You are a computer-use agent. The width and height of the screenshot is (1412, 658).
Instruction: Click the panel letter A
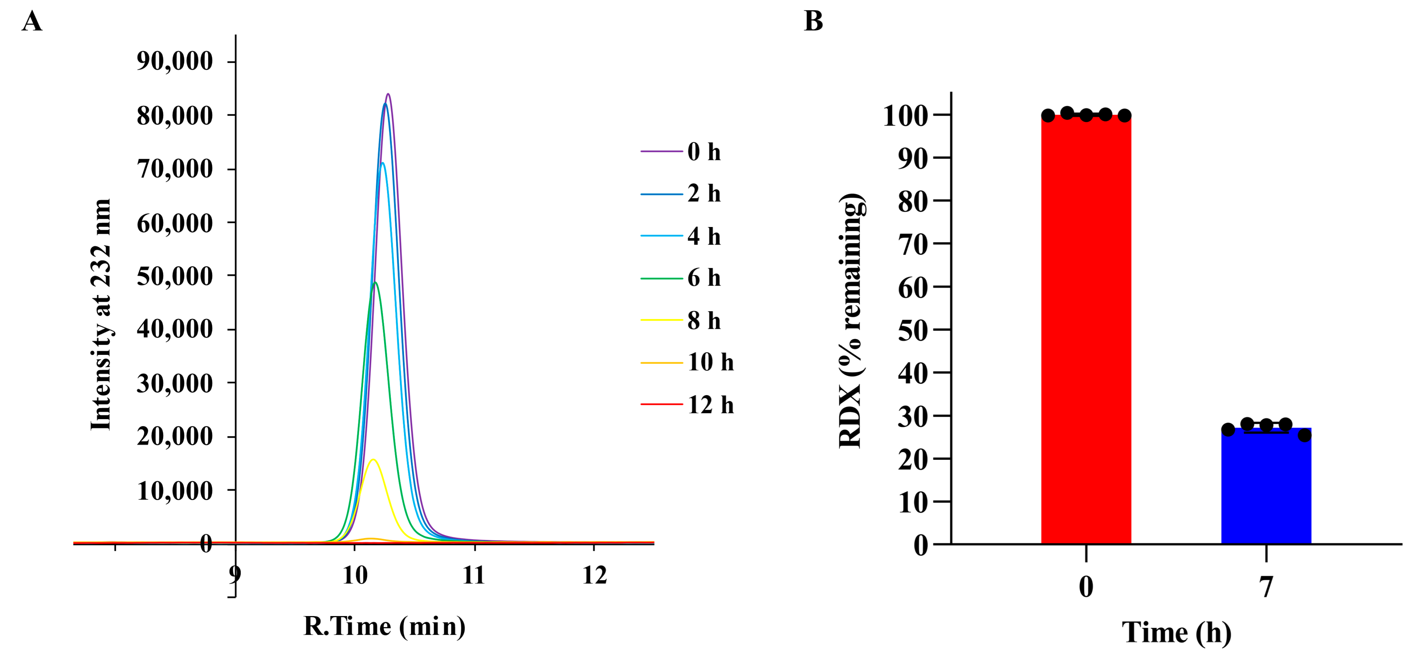click(x=32, y=22)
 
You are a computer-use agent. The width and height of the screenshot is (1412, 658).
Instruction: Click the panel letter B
click(x=813, y=21)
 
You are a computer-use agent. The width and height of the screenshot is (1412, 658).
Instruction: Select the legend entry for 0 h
click(x=704, y=152)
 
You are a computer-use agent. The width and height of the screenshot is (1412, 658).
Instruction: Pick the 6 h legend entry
click(x=704, y=278)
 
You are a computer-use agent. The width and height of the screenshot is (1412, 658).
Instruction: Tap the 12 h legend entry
click(x=710, y=405)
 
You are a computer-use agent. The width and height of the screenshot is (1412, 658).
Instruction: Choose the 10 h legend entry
click(x=710, y=362)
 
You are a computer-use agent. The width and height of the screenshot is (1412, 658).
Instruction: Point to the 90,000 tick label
click(x=175, y=61)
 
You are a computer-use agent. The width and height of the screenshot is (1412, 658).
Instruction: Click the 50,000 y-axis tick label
click(x=175, y=276)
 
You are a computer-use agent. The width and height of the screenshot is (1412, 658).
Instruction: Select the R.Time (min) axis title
click(x=385, y=626)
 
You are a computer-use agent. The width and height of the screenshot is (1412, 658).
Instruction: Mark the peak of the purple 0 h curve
click(x=388, y=94)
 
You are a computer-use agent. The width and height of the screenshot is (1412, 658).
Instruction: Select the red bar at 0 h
click(x=1086, y=329)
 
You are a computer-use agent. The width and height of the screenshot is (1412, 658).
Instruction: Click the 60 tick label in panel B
click(x=913, y=287)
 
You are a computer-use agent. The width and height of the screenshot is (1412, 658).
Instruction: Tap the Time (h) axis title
click(x=1176, y=633)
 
